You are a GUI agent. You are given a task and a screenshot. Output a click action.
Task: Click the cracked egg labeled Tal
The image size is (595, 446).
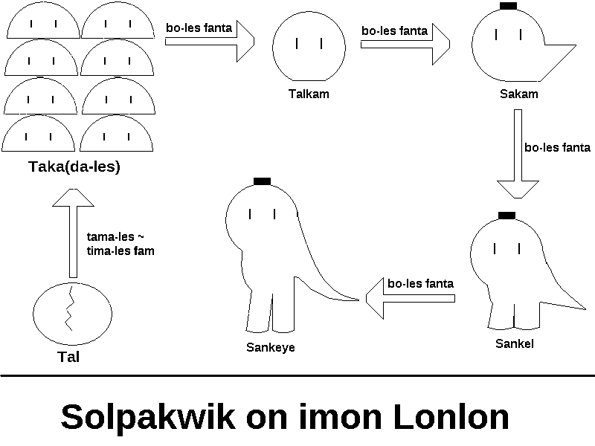point(68,312)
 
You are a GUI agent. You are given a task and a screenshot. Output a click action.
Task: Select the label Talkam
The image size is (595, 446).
point(309,94)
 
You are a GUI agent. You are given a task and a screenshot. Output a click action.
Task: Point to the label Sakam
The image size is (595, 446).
point(519,94)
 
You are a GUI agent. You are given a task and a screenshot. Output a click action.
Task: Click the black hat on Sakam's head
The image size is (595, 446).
point(509,6)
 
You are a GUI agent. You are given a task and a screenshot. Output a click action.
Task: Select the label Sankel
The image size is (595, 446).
point(515,343)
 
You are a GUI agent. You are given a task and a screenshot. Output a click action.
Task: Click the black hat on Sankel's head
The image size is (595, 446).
point(506,216)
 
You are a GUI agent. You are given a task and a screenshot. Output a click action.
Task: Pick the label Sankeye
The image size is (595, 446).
point(271,347)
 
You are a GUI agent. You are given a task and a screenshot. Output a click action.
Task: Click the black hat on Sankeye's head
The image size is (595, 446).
point(261,181)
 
